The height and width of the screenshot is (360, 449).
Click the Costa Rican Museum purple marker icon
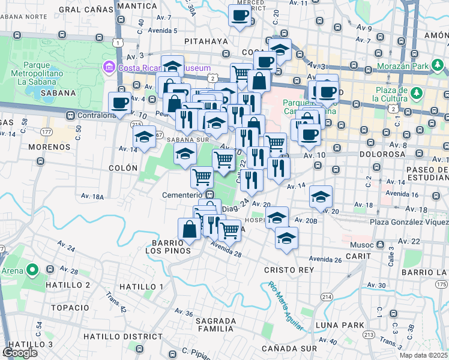pyautogui.click(x=109, y=67)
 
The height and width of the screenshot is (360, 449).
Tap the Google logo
pyautogui.click(x=20, y=353)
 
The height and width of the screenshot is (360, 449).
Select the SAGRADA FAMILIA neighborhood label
pyautogui.click(x=215, y=325)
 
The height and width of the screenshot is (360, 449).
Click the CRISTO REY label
pyautogui.click(x=289, y=270)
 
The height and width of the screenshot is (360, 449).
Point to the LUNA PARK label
pyautogui.click(x=340, y=325)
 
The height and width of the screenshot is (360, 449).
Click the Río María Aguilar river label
pyautogui.click(x=285, y=306)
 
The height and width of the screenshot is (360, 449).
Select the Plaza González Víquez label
pyautogui.click(x=409, y=223)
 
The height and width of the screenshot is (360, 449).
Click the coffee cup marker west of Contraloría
pyautogui.click(x=120, y=103)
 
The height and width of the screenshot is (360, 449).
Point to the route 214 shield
pyautogui.click(x=327, y=297)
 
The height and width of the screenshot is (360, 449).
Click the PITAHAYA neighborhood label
pyautogui.click(x=206, y=41)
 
